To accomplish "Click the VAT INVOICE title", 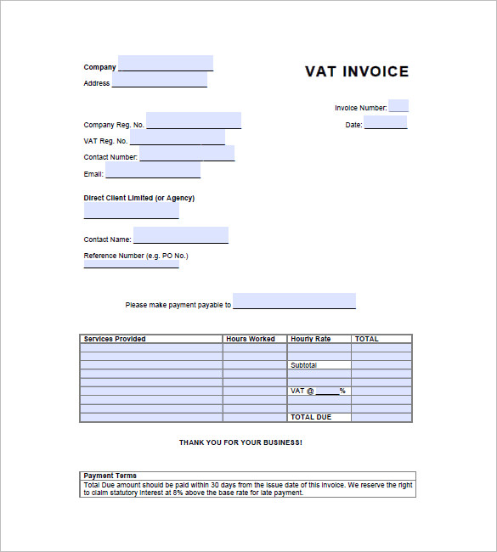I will pos(357,72).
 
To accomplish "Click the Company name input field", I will pos(166,64).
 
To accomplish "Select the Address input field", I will pos(159,80).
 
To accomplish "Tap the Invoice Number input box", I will pos(398,106).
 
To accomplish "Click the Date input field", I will pos(386,122).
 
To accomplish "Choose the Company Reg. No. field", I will pos(193,121).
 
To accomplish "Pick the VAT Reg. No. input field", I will pos(178,138).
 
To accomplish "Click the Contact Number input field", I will pos(187,154).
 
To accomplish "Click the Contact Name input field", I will pos(180,235).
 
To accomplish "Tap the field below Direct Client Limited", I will pos(131,211).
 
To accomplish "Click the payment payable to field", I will pos(294,301).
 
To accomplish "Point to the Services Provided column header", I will pos(115,339).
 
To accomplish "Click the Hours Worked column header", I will pos(251,339).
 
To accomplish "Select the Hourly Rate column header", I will pos(311,339).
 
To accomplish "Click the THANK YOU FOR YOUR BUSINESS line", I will pos(240,442).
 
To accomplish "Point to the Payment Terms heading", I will pos(110,476).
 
